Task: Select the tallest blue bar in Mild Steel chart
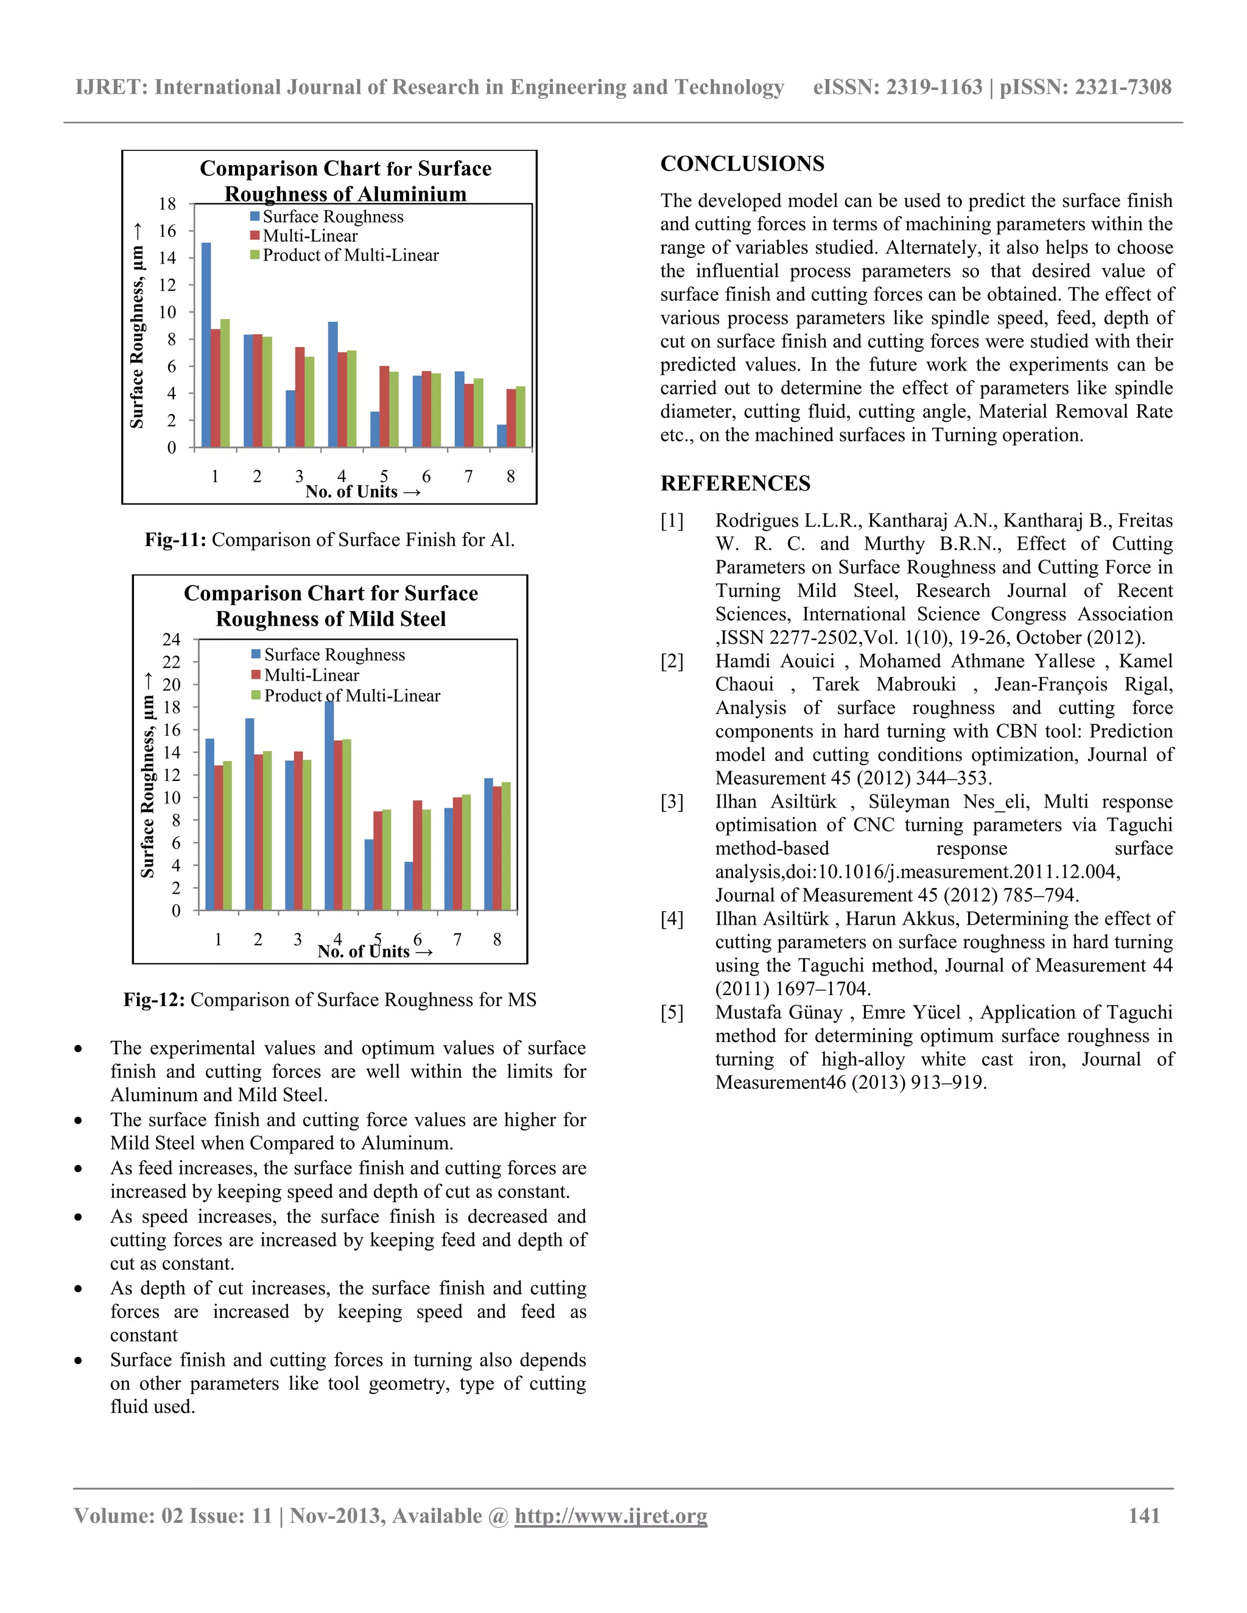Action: [329, 805]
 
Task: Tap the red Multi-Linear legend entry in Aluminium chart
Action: [309, 236]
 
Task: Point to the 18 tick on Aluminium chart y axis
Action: [167, 204]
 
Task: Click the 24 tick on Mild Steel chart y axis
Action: [171, 640]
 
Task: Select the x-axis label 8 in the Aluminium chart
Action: [510, 477]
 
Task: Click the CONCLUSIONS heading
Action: [742, 164]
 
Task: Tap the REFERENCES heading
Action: [735, 484]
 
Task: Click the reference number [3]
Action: [672, 802]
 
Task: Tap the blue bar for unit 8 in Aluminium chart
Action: [502, 436]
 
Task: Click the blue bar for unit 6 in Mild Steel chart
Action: [409, 886]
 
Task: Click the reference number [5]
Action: [672, 1013]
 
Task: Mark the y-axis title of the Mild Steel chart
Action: [148, 775]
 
